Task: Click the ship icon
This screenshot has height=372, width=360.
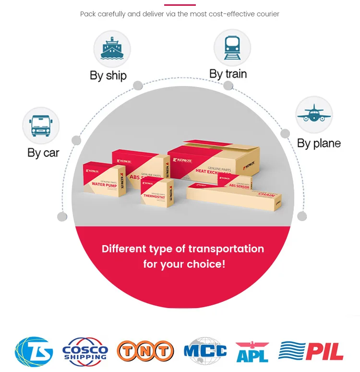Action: click(112, 48)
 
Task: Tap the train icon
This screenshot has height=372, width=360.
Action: click(232, 48)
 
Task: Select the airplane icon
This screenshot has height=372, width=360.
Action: click(314, 114)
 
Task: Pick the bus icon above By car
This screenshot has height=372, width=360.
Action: click(41, 125)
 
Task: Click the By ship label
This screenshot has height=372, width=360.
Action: click(108, 75)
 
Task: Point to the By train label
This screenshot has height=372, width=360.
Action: click(228, 74)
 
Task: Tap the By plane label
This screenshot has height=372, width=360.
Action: click(319, 143)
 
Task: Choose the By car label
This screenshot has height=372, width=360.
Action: click(43, 153)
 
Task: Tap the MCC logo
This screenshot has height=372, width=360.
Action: click(205, 351)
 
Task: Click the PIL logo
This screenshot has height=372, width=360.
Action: click(311, 351)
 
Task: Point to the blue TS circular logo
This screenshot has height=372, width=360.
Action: click(34, 351)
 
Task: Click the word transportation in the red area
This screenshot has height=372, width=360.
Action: click(226, 249)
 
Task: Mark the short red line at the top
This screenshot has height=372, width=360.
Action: click(180, 4)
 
